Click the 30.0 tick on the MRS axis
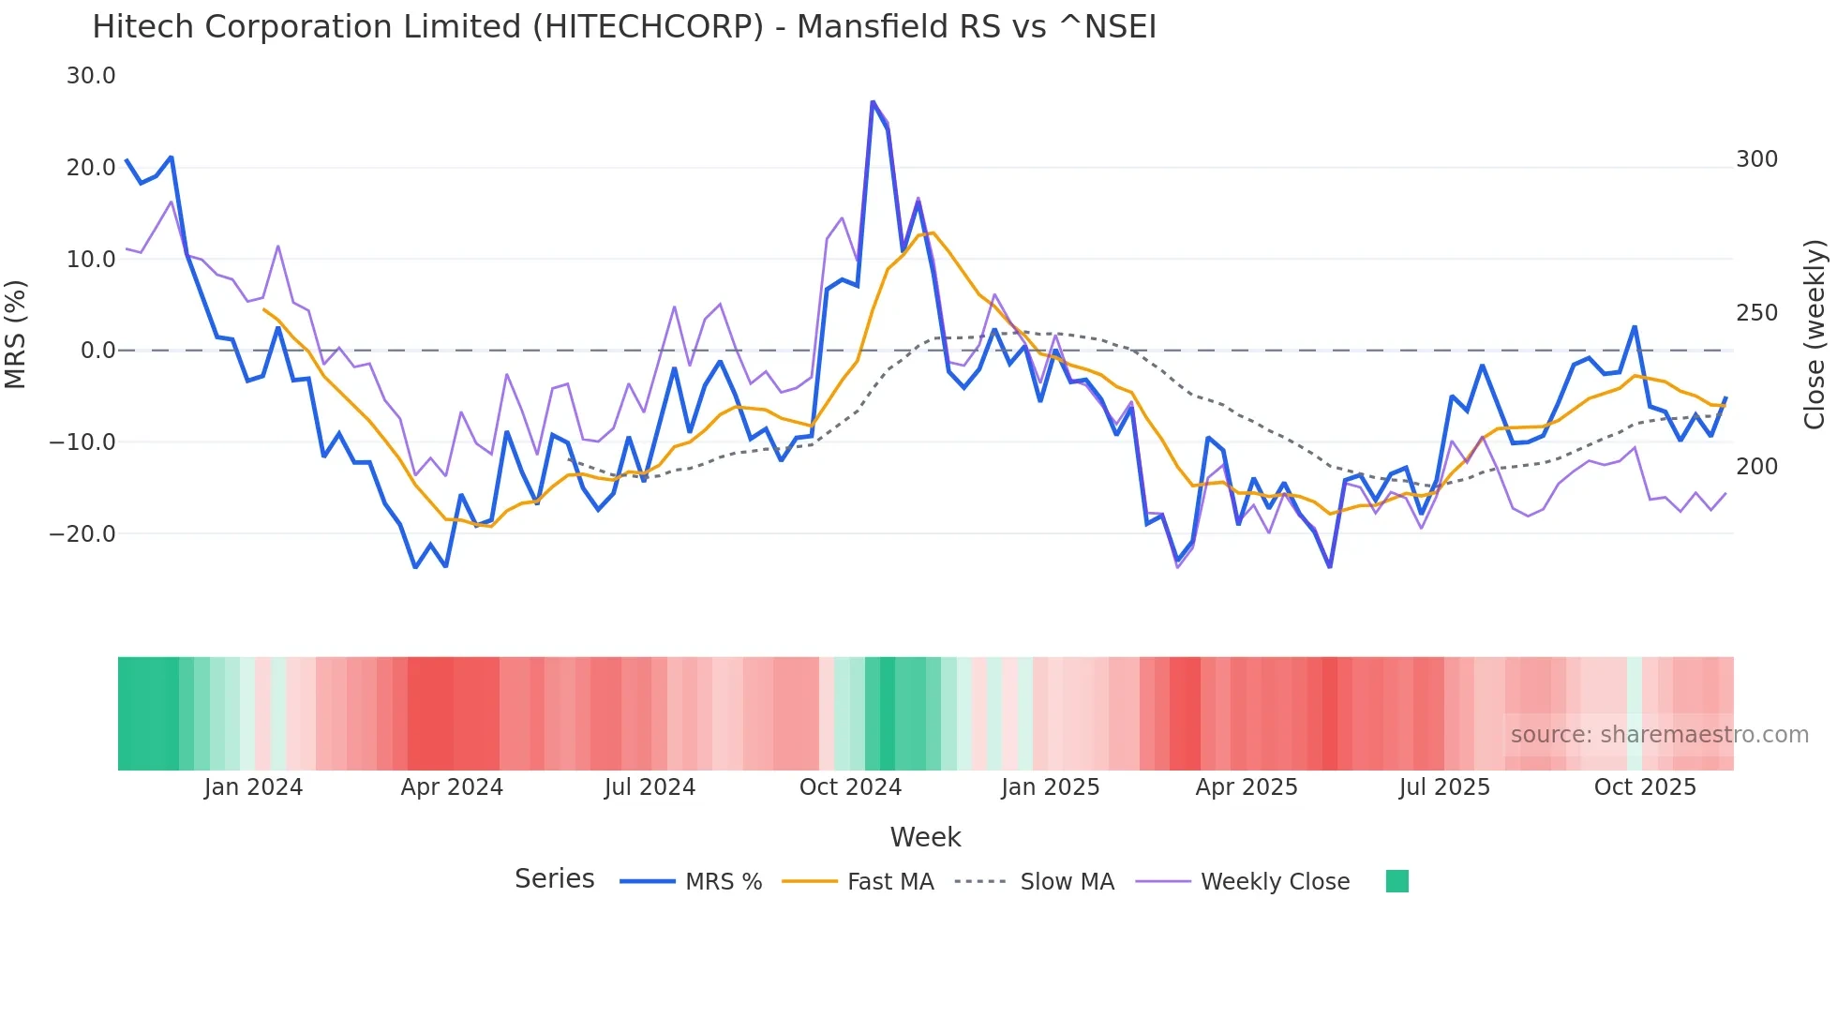91,76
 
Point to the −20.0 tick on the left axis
82,534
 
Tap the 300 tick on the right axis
1756,159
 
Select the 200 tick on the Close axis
1756,467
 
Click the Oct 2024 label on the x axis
850,787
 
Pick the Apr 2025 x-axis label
1247,787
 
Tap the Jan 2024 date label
253,787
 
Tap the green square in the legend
1396,881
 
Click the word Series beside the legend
554,879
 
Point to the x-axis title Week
925,837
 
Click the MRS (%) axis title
16,335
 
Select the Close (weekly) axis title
1815,335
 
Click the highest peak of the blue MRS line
873,102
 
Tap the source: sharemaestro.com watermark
1659,735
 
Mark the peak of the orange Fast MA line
933,232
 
